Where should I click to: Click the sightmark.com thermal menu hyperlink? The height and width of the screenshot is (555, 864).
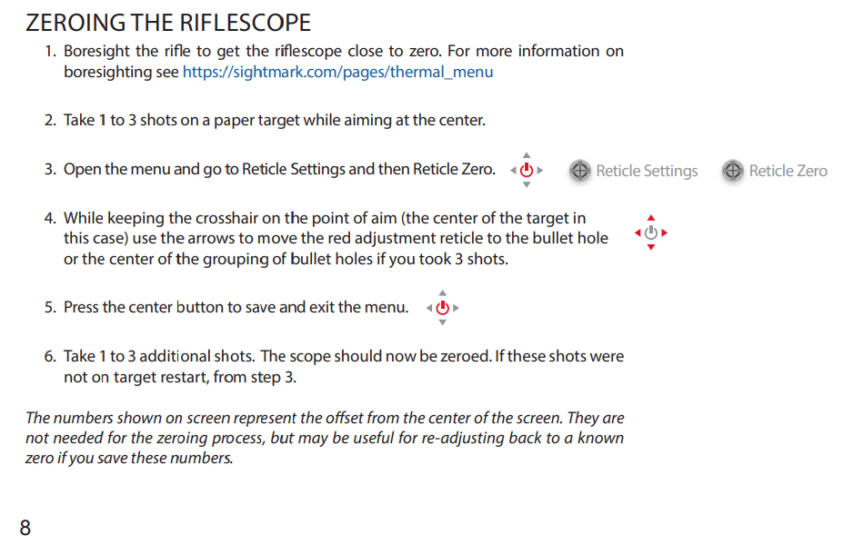[337, 72]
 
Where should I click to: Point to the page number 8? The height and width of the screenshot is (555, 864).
[25, 528]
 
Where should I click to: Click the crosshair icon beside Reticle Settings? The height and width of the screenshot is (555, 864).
[579, 171]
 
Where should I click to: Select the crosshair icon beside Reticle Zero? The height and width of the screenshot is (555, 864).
[733, 171]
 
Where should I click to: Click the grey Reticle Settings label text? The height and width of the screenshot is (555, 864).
[647, 172]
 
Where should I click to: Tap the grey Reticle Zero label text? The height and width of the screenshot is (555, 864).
[788, 172]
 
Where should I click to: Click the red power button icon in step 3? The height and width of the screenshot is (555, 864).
[527, 170]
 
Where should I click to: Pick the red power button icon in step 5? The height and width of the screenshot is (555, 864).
[443, 308]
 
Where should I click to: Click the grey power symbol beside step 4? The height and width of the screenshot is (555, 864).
[651, 233]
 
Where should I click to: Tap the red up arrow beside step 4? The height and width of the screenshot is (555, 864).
[651, 218]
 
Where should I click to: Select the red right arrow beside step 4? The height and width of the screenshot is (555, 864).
[665, 233]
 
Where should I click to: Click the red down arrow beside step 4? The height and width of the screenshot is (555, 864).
[651, 247]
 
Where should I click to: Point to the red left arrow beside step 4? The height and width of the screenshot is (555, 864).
[638, 233]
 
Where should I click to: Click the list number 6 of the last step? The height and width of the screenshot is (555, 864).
[49, 356]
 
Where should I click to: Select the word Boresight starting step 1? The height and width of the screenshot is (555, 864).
[96, 52]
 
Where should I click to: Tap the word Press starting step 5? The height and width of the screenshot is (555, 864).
[81, 307]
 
